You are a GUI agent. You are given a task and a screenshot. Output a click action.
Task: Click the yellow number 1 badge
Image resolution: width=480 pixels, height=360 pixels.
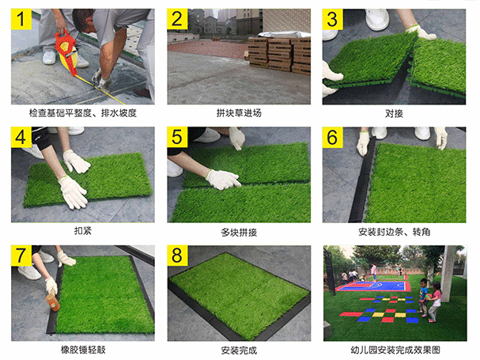tap(21, 19)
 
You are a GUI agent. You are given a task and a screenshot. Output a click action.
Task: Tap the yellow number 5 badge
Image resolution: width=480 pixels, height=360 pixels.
tap(177, 137)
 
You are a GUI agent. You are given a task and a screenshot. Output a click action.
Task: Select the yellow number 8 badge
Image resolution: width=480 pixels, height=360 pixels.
tap(177, 256)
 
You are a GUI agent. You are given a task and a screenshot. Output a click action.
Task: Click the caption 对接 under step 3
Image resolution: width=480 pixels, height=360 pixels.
tap(394, 114)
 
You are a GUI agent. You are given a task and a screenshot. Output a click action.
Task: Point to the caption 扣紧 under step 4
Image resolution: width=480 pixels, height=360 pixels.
tap(83, 231)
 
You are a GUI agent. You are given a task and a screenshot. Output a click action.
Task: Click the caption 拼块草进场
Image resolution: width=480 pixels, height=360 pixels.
tap(239, 113)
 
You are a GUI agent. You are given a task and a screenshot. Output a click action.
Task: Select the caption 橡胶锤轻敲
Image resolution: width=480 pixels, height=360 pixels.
tap(83, 350)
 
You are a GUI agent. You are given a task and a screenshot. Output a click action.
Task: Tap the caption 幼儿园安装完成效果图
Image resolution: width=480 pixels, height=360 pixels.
tap(395, 350)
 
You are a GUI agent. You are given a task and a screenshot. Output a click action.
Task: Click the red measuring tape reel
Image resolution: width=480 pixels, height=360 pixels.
tap(66, 52)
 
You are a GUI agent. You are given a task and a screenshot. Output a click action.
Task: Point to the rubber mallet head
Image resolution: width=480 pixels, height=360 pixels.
tap(53, 301)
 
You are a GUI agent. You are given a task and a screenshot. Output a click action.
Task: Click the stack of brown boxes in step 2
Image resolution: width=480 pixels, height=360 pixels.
tap(279, 55)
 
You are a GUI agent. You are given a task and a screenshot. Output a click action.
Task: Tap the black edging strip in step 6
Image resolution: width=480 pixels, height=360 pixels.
tap(361, 181)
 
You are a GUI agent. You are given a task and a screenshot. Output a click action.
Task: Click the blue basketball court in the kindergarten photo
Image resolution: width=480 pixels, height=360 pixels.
tap(376, 286)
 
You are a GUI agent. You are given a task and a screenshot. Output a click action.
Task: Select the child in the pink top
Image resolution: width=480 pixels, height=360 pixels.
tap(434, 302)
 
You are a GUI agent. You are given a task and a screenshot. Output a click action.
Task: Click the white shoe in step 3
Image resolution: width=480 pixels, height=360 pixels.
tap(377, 19)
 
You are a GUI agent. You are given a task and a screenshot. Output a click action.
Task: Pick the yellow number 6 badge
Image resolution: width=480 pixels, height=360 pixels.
tap(332, 137)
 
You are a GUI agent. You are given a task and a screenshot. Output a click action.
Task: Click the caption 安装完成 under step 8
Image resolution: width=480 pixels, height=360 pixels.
tap(239, 351)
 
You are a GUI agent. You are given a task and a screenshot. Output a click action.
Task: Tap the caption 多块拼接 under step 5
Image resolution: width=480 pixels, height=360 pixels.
tap(239, 232)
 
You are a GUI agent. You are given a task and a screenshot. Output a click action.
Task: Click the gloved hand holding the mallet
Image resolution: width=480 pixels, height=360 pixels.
tap(51, 285)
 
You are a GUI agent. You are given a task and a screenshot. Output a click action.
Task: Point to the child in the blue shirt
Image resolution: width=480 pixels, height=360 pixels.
tap(423, 297)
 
